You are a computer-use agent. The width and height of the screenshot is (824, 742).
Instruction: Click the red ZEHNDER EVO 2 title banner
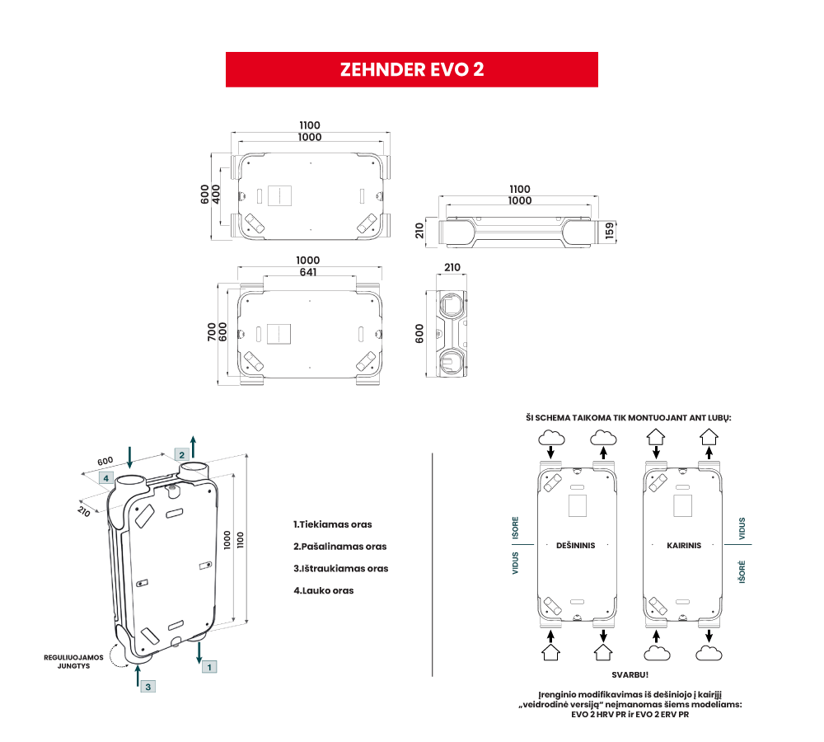click(411, 69)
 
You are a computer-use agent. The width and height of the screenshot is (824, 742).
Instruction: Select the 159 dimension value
click(610, 229)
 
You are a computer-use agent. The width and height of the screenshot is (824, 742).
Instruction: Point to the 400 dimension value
click(217, 195)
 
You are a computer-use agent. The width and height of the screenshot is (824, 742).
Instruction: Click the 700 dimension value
click(212, 332)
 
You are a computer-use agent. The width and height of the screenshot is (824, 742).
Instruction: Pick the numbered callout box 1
click(209, 666)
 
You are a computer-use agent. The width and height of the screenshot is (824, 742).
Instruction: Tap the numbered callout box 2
click(180, 454)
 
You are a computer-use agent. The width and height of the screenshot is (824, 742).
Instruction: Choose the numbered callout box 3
click(147, 686)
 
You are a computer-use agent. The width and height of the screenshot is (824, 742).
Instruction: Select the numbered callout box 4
click(105, 477)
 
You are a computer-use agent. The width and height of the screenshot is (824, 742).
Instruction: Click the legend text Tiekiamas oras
click(333, 524)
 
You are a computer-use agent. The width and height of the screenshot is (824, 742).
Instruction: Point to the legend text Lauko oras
click(324, 590)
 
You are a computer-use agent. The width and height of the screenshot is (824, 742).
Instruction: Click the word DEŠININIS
click(576, 545)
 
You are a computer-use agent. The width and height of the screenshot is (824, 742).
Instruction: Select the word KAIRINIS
click(684, 545)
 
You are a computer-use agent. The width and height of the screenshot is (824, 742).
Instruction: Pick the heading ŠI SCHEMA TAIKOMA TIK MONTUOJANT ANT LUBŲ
click(629, 418)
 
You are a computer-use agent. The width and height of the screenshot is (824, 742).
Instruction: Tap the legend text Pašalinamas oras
click(339, 546)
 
